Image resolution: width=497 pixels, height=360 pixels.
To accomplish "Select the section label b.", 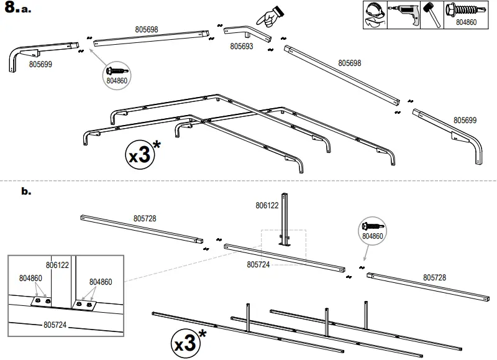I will point(25,192).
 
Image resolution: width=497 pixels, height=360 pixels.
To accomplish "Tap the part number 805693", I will point(242,46).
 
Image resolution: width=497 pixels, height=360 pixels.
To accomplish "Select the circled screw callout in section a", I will point(118,73).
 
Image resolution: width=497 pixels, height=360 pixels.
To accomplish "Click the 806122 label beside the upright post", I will point(268,205).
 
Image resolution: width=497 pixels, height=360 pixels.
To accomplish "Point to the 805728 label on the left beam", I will point(145,218).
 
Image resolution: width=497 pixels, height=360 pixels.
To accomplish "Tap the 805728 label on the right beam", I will point(434,277).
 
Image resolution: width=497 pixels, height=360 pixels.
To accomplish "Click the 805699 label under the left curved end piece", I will point(40,63).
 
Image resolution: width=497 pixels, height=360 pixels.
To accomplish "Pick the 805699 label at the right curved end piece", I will point(465,120).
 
